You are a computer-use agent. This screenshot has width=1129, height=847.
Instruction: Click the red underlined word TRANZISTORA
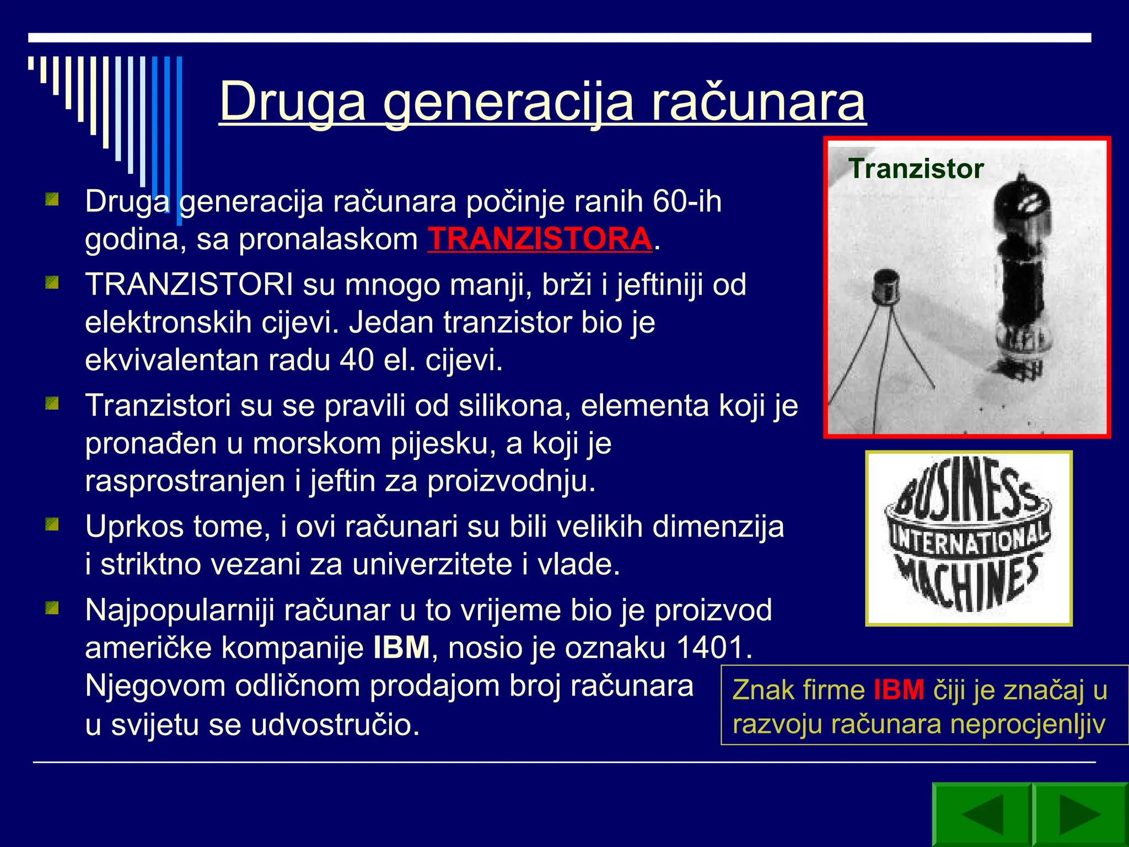pyautogui.click(x=540, y=239)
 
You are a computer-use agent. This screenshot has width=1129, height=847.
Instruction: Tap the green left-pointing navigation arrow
pyautogui.click(x=982, y=814)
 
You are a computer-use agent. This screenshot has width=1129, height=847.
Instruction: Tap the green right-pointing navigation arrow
pyautogui.click(x=1079, y=814)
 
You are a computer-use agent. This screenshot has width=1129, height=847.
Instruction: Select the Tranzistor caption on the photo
pyautogui.click(x=916, y=169)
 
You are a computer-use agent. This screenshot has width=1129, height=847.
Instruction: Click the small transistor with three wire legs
pyautogui.click(x=886, y=292)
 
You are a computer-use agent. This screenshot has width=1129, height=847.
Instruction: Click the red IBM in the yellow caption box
pyautogui.click(x=899, y=690)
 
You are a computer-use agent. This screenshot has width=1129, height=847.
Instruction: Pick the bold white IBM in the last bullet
pyautogui.click(x=401, y=647)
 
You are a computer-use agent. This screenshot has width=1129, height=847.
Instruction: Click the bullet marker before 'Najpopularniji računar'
pyautogui.click(x=52, y=608)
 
